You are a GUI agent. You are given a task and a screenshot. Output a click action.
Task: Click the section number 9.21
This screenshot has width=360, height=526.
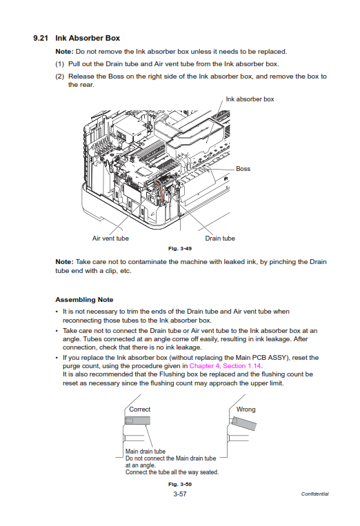point(41,38)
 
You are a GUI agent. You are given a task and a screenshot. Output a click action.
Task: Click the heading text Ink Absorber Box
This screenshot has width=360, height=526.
point(88,38)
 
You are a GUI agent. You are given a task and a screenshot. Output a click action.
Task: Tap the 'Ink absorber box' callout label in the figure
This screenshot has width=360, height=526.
point(250,99)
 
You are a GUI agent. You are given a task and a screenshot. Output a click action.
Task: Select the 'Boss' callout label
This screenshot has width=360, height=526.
point(243,169)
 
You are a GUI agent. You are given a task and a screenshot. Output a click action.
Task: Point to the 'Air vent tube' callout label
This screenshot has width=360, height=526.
point(110,238)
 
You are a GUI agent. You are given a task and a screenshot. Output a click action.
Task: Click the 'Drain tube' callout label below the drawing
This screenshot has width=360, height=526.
point(220,238)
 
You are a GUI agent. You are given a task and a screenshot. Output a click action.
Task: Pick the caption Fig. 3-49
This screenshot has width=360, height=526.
point(180,249)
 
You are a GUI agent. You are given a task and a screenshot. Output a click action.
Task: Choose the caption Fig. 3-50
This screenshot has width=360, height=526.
point(180,484)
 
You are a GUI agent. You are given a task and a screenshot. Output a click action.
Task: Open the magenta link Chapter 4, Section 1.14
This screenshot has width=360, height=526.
point(225,366)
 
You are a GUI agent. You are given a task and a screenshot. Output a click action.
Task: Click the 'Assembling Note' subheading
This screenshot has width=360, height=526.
point(84,300)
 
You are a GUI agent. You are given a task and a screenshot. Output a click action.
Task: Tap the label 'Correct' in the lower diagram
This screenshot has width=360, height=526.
point(139,409)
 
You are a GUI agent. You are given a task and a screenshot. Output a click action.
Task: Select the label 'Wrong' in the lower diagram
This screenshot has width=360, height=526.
point(246,409)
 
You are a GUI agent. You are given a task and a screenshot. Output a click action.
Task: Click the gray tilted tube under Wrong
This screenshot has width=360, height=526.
point(244,423)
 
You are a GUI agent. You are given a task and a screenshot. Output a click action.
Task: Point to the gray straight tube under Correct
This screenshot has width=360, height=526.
point(137,421)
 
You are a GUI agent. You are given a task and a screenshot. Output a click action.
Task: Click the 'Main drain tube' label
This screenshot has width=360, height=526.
point(146,452)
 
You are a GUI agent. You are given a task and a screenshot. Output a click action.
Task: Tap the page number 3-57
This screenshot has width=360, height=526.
point(180,494)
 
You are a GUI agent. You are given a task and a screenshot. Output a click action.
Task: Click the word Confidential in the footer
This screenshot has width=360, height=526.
point(314,494)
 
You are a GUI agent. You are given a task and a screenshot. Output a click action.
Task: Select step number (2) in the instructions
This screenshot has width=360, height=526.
point(60,76)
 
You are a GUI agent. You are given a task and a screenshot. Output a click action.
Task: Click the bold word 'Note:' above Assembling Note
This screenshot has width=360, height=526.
point(64,262)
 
